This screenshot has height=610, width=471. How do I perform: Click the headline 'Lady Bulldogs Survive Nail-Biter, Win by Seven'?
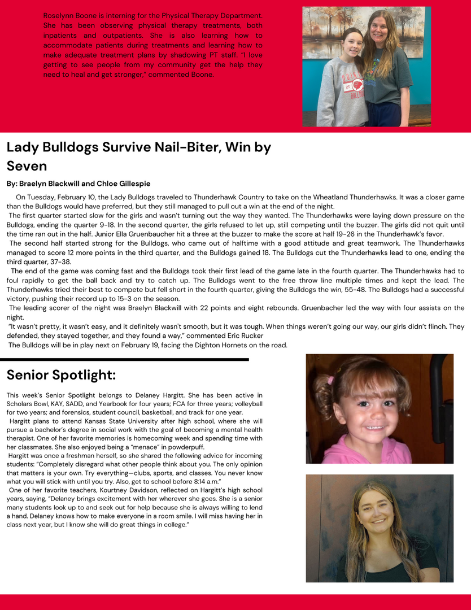tap(138, 156)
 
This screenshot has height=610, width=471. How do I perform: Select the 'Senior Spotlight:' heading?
tap(61, 374)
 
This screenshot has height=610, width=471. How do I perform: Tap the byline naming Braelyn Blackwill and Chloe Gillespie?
tap(78, 184)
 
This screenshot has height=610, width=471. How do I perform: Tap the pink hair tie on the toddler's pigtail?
tap(331, 380)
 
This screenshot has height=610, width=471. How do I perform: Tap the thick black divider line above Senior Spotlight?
tap(124, 359)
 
